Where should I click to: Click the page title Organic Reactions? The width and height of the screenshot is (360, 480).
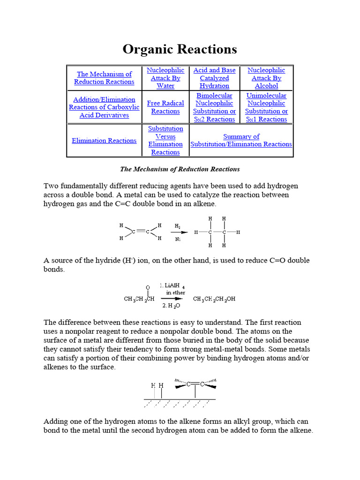click(x=180, y=49)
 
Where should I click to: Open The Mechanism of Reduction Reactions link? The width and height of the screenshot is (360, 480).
click(x=104, y=78)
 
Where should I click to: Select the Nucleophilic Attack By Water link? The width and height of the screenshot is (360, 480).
click(x=165, y=78)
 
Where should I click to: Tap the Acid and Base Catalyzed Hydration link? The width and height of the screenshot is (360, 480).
click(x=214, y=78)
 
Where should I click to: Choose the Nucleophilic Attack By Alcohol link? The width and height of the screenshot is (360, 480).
click(x=266, y=78)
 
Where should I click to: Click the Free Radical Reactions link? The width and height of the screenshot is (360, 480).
click(x=165, y=107)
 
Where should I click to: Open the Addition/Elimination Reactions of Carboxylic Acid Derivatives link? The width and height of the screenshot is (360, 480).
click(x=104, y=107)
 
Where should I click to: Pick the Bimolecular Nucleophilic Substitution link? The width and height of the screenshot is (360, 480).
click(x=214, y=107)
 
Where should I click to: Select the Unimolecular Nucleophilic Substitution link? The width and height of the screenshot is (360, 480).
click(x=266, y=107)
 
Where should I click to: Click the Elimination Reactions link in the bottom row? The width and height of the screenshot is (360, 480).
click(x=104, y=141)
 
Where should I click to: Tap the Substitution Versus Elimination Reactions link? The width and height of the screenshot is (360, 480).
click(x=165, y=140)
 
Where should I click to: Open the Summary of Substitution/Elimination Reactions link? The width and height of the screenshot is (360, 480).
click(x=241, y=140)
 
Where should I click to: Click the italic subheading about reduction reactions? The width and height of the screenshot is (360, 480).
click(x=180, y=169)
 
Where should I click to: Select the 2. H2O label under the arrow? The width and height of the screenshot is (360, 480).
click(x=171, y=306)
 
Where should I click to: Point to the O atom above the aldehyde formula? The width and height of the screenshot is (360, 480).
click(x=148, y=287)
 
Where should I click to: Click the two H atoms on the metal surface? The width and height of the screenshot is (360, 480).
click(x=157, y=385)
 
